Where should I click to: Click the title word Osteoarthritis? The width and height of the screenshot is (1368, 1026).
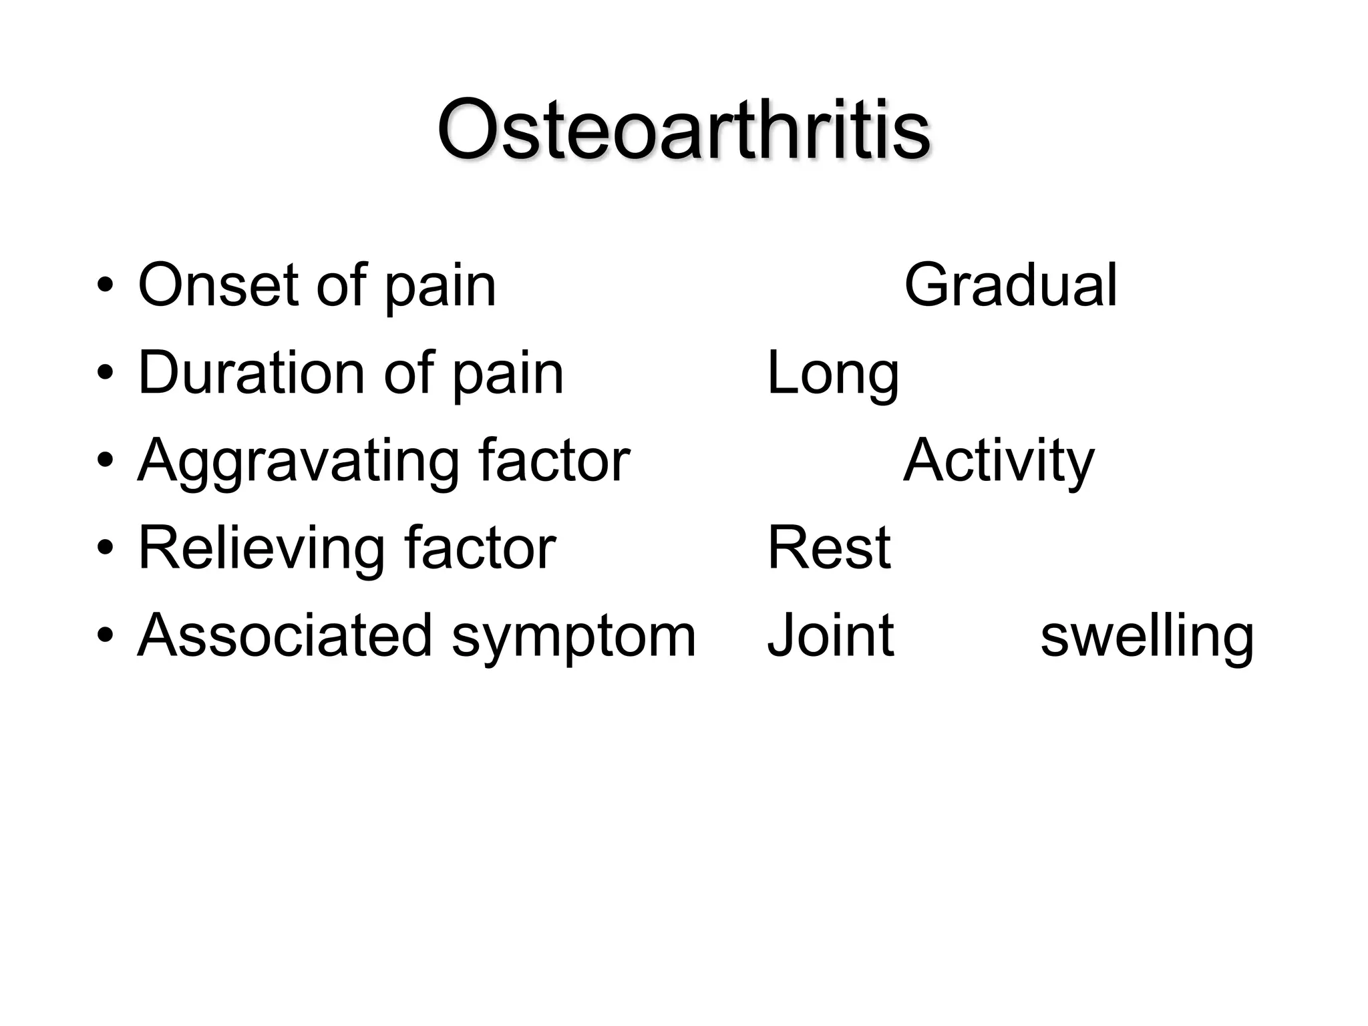tap(683, 130)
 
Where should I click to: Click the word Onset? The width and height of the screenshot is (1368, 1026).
tap(218, 285)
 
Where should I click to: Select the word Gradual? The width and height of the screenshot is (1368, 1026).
tap(1010, 285)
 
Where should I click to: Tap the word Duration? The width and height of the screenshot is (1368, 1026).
tap(251, 373)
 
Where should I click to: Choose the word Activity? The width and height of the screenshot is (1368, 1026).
tap(999, 461)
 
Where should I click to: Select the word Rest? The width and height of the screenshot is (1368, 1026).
tap(828, 548)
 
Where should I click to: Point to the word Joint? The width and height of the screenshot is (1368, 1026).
tap(830, 635)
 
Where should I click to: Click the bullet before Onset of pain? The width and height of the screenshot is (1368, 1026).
tap(106, 287)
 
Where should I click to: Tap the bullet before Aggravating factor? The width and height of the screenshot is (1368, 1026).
tap(106, 462)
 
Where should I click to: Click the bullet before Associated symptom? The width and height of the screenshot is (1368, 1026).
tap(106, 637)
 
